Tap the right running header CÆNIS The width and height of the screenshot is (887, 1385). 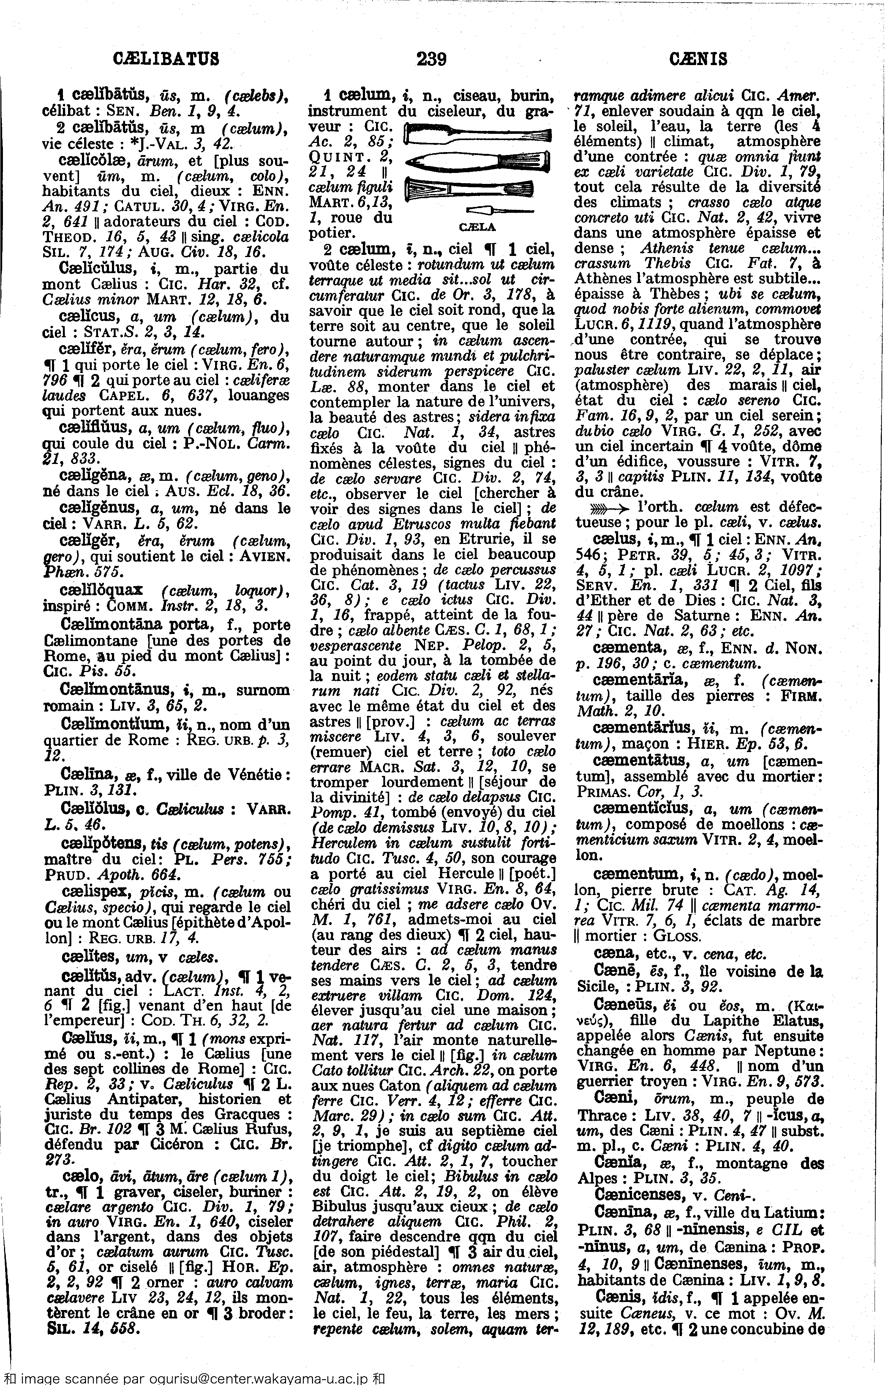coord(698,59)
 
